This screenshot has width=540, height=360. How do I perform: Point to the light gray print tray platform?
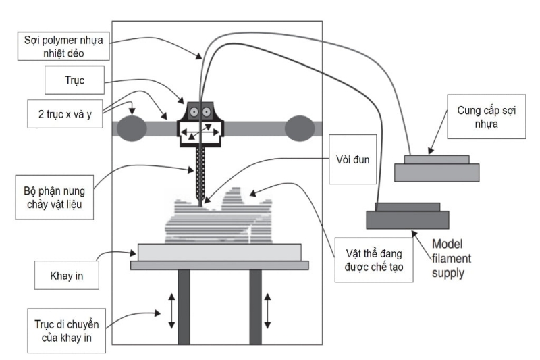(x=219, y=252)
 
